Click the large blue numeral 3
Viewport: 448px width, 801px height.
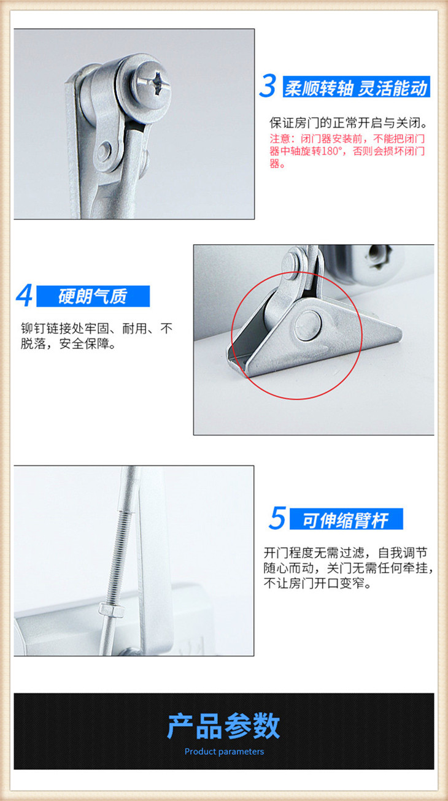pos(268,86)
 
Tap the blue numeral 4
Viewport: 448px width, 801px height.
pos(25,296)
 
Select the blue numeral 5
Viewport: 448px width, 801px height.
pos(277,518)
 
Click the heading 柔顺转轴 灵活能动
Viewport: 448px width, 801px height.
pos(356,87)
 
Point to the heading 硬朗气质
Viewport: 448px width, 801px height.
pos(93,296)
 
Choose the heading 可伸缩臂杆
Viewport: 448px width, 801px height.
pos(346,519)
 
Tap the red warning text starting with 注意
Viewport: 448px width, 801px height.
pos(347,151)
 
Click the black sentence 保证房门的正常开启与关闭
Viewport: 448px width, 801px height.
pos(349,123)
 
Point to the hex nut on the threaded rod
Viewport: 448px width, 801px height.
pos(111,610)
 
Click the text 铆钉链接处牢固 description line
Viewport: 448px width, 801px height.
pos(96,328)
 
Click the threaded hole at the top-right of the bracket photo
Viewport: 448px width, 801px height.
pos(376,256)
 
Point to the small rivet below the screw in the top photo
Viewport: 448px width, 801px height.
pos(104,151)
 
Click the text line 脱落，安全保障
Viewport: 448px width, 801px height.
pos(68,344)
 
